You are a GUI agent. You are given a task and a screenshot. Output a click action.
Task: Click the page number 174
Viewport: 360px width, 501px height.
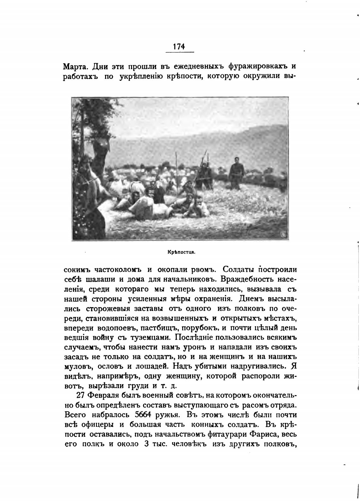(179, 46)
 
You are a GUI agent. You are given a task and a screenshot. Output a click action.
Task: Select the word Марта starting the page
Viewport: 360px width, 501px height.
(76, 67)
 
